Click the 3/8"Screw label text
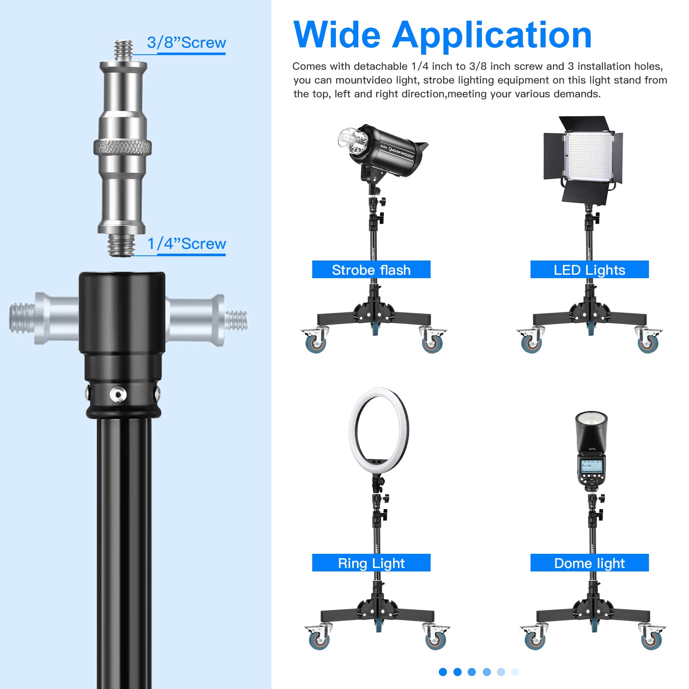(x=186, y=43)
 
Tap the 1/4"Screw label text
(x=186, y=244)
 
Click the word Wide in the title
(x=337, y=35)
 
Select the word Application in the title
(x=492, y=35)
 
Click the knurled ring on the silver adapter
(x=122, y=148)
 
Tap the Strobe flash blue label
(x=371, y=270)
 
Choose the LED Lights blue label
(x=589, y=270)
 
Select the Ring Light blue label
(x=371, y=563)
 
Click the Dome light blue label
(x=589, y=563)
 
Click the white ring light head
(x=379, y=431)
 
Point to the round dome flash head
(x=592, y=426)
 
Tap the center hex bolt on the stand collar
(x=118, y=394)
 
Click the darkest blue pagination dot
(x=443, y=672)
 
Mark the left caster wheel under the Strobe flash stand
(x=315, y=343)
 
